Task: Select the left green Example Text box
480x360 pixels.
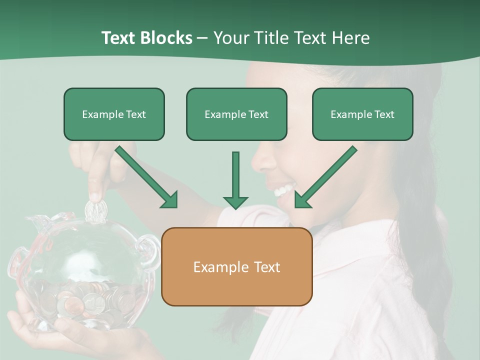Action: tap(114, 114)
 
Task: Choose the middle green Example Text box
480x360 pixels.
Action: tap(236, 114)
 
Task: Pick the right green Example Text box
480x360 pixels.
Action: tap(362, 114)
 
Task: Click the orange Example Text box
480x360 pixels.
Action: tap(236, 266)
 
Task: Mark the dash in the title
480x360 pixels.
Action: tap(202, 37)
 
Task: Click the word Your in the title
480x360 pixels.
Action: tap(232, 37)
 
